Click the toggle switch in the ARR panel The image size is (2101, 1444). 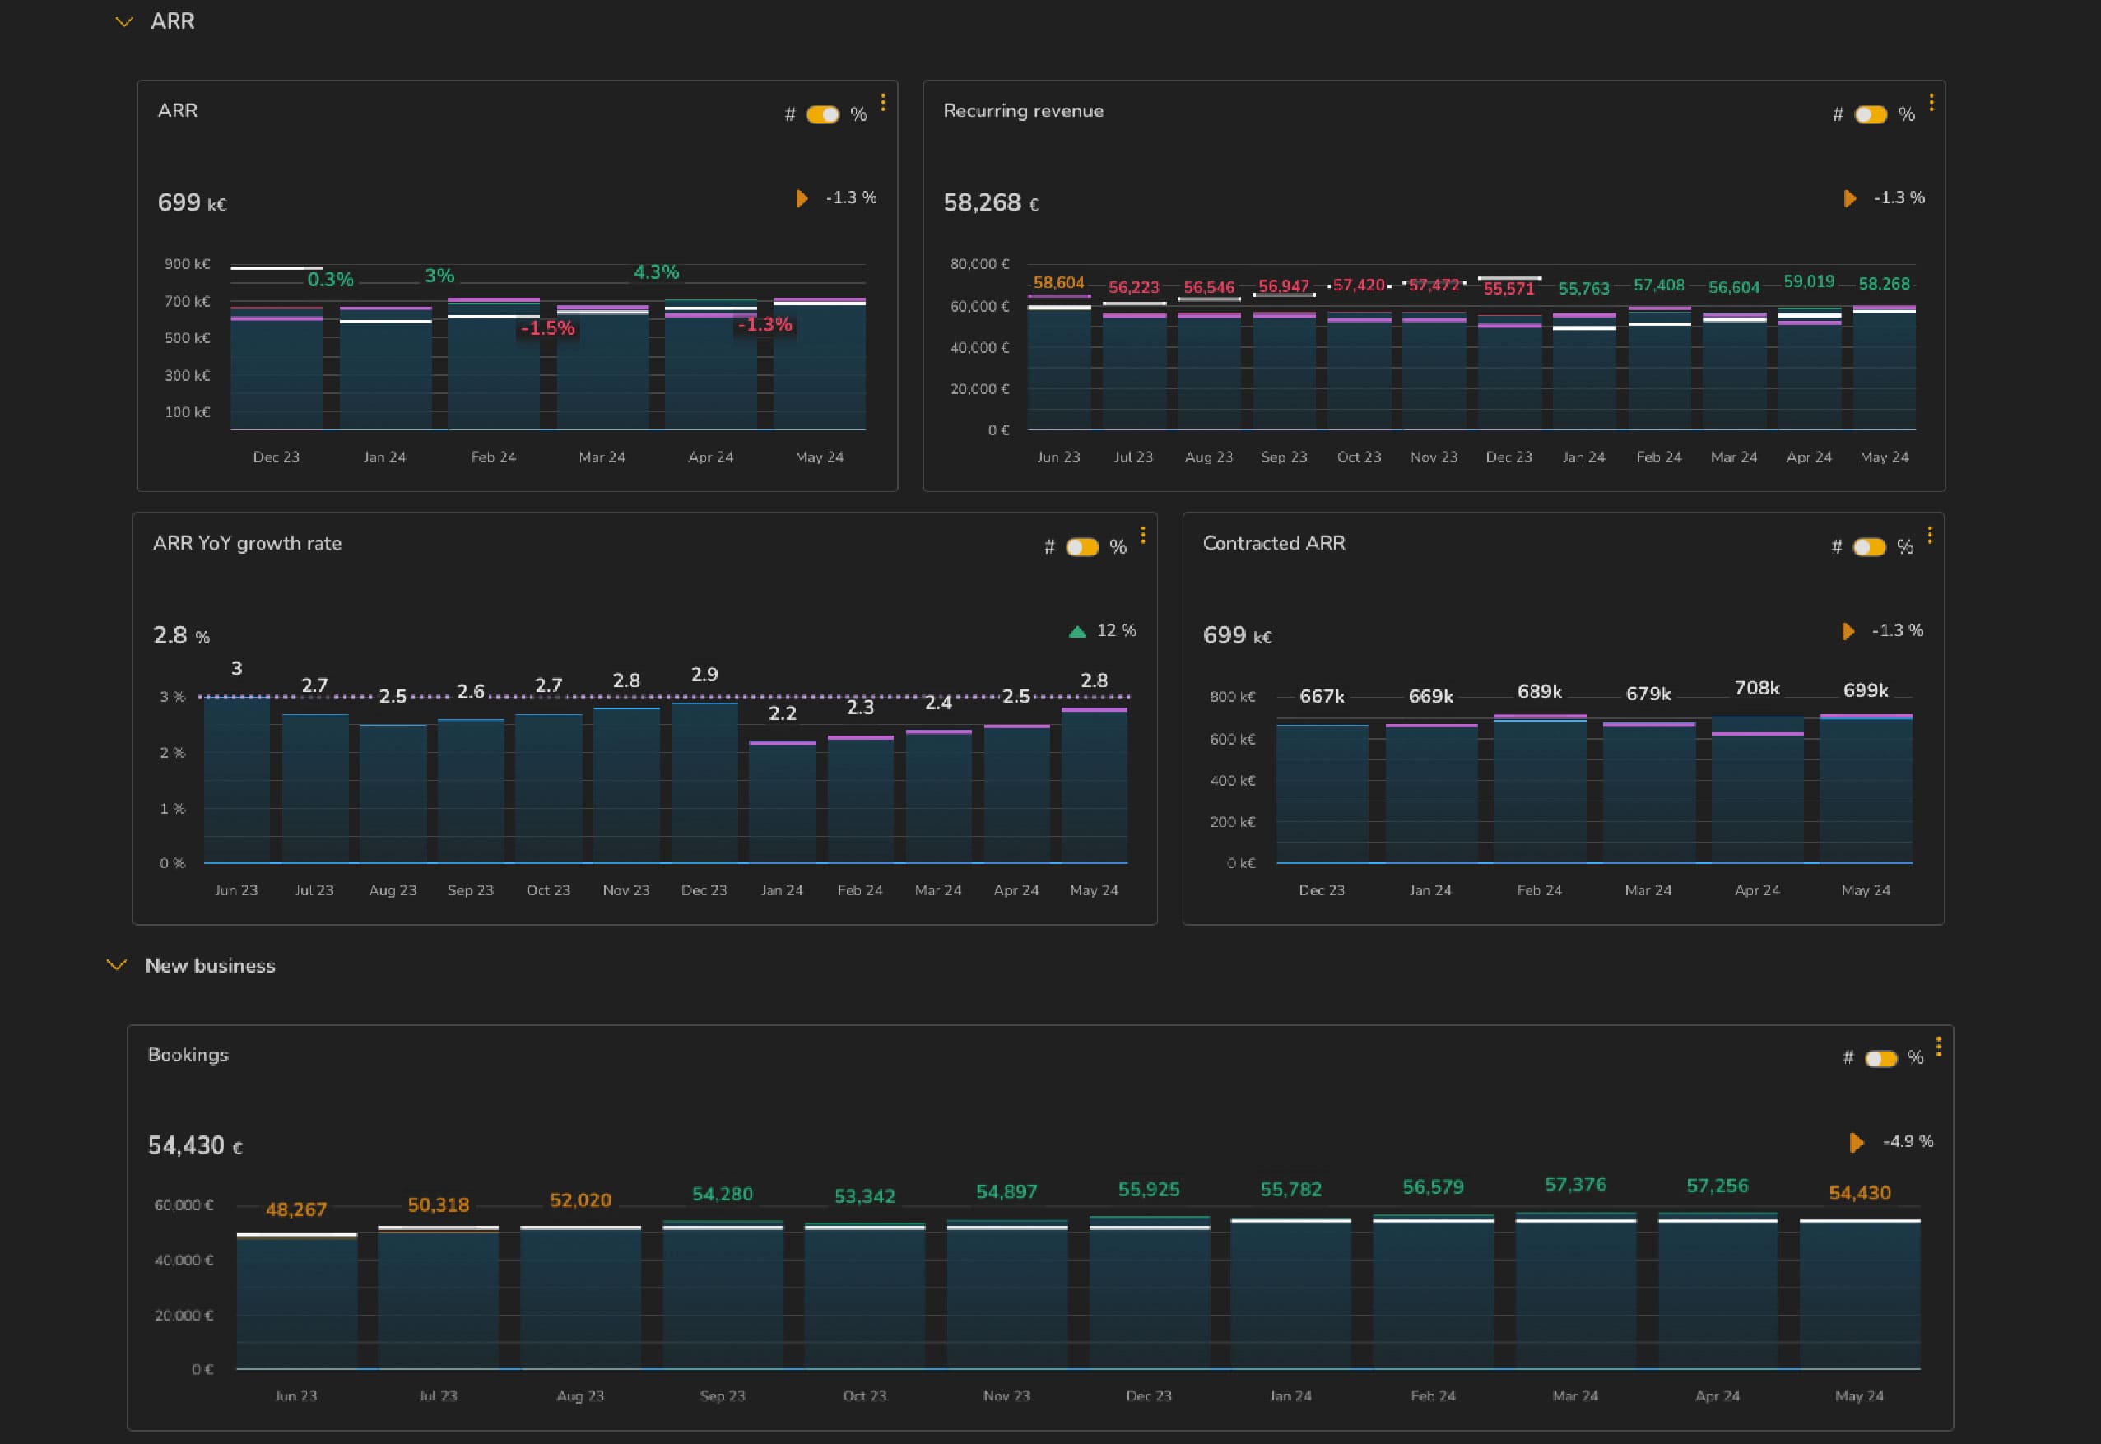(822, 115)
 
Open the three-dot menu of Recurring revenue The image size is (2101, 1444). (1931, 103)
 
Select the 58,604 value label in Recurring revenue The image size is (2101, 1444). (1057, 283)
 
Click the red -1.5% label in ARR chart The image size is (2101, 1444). (547, 327)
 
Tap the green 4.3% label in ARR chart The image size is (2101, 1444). (656, 272)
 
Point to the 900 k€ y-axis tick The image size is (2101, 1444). (188, 264)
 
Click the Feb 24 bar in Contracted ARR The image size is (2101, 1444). (1539, 792)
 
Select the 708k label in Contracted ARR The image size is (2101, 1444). (1756, 689)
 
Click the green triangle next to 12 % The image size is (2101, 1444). (1076, 632)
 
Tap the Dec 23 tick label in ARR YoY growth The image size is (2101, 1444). (704, 890)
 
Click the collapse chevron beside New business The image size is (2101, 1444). (117, 965)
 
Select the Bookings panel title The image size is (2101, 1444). (188, 1055)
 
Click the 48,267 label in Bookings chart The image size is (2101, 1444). (296, 1210)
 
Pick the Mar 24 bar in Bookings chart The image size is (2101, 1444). (1575, 1293)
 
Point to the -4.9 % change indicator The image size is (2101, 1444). (1907, 1142)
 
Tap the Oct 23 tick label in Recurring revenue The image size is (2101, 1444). (1358, 457)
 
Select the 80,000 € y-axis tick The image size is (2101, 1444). (979, 264)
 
